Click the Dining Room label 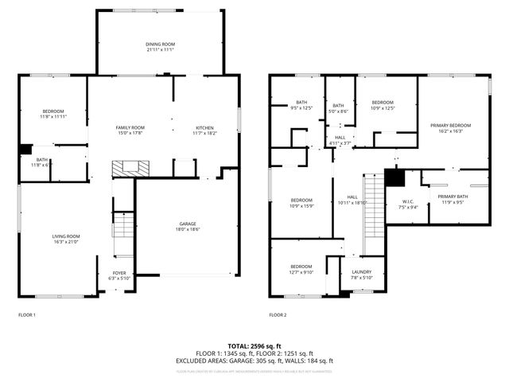[160, 44]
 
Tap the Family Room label [130, 127]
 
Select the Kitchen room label [205, 127]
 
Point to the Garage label [188, 224]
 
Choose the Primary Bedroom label [451, 125]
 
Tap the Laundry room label [363, 272]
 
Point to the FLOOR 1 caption [27, 315]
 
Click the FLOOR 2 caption [277, 315]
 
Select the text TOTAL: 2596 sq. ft [254, 346]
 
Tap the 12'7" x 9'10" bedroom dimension [301, 271]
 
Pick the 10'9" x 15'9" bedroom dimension [301, 205]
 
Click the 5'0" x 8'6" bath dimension [339, 111]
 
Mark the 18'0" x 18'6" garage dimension [188, 229]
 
